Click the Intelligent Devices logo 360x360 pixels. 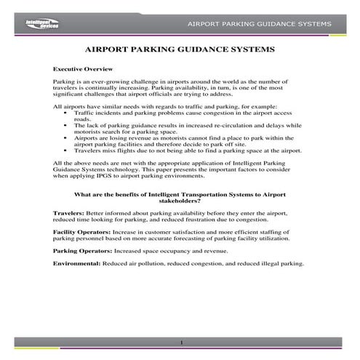[x=36, y=24]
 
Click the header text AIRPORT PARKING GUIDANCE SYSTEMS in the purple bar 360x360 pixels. [x=260, y=24]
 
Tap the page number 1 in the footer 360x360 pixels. [x=180, y=343]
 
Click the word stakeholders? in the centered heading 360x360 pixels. [x=180, y=200]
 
